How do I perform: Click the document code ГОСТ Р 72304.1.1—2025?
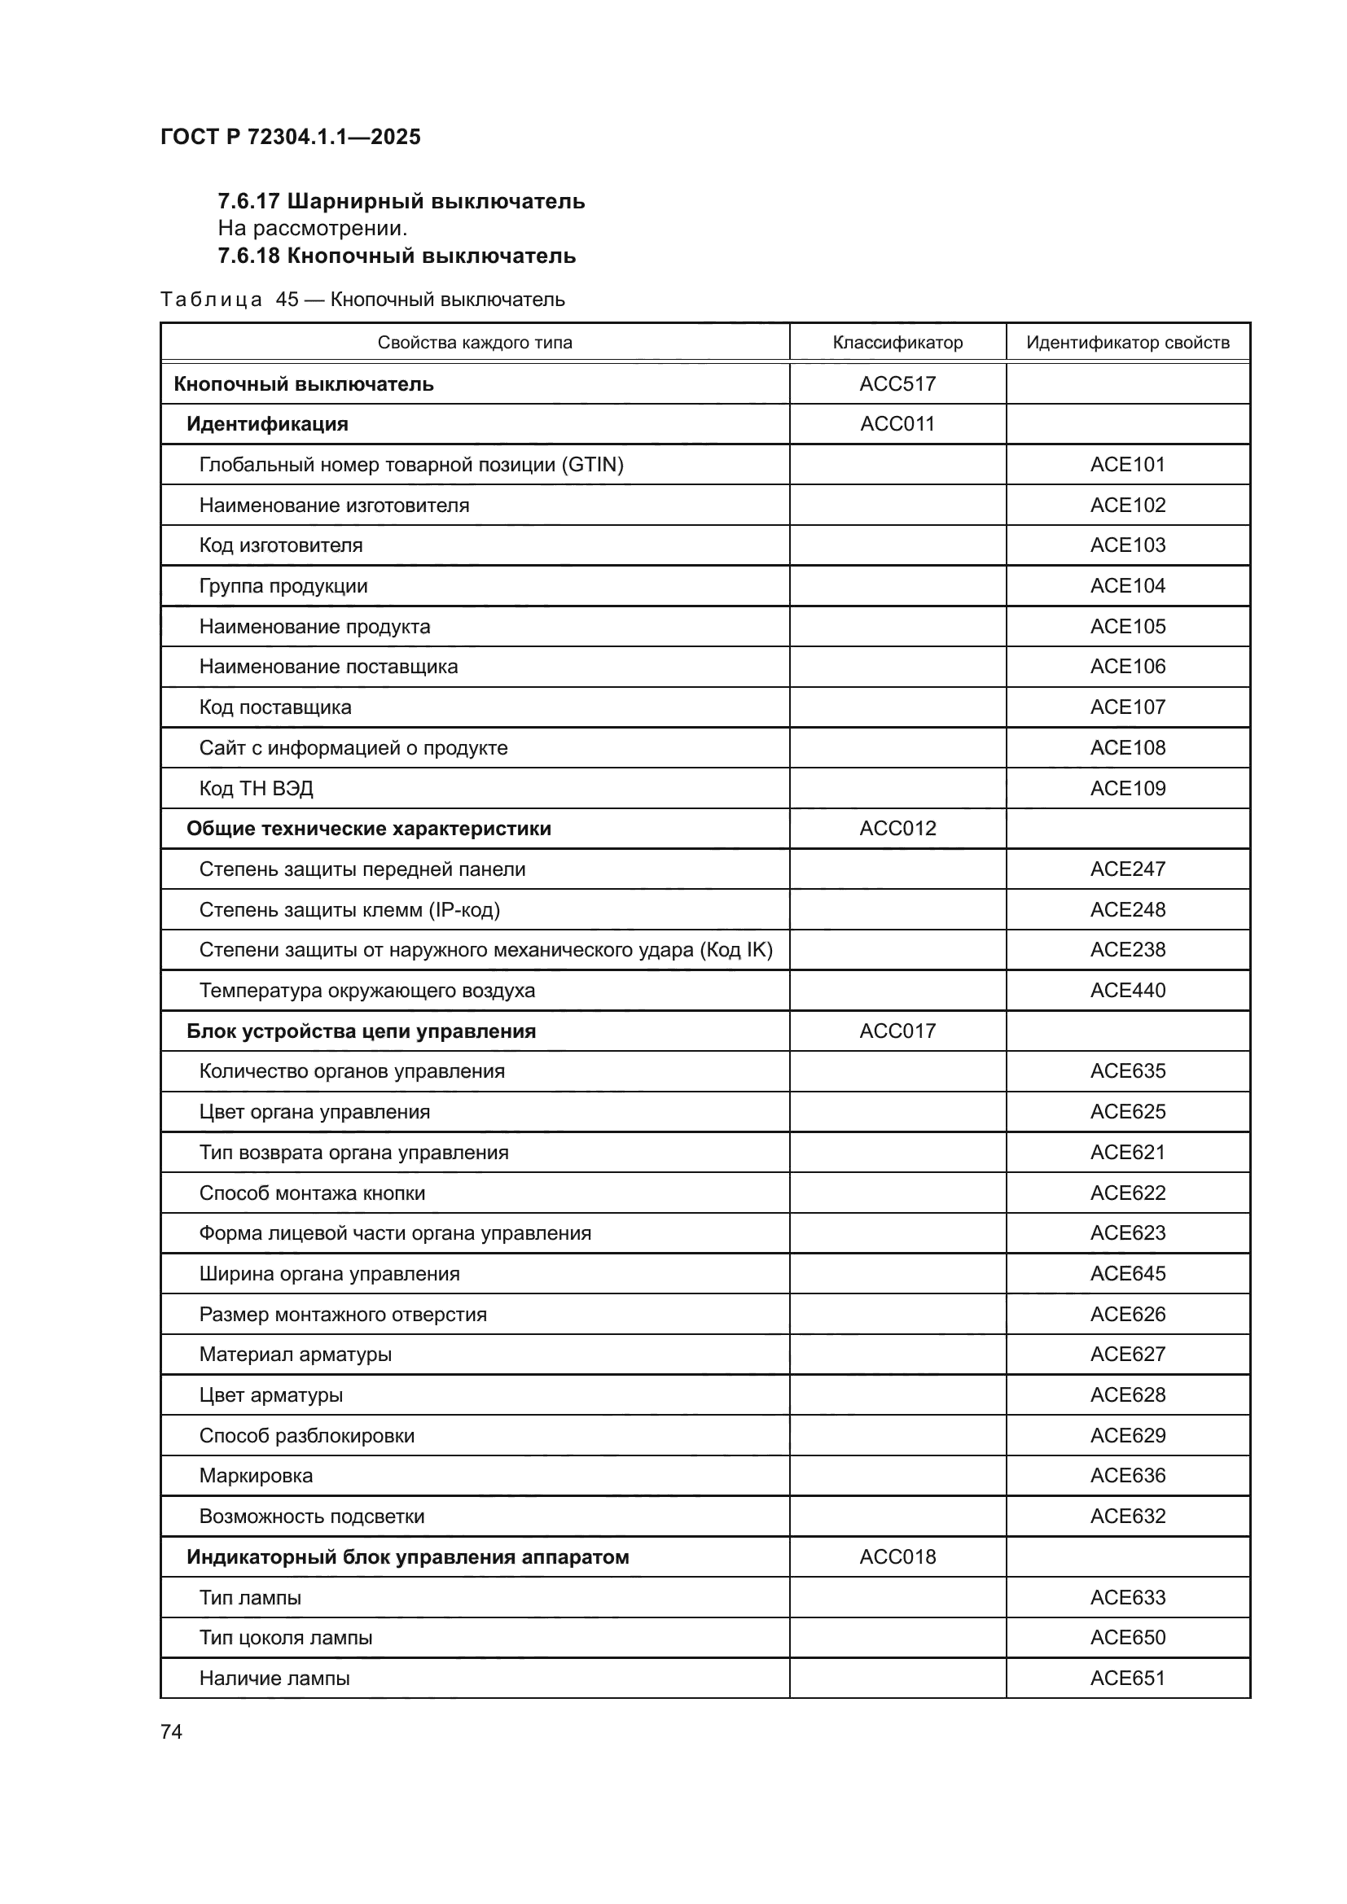coord(290,137)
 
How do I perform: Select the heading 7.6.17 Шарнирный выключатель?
coord(401,201)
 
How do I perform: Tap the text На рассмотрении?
coord(313,228)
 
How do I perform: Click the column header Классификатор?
coord(897,343)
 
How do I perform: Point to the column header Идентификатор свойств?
coord(1127,343)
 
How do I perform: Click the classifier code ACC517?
coord(897,384)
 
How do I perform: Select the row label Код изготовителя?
coord(280,545)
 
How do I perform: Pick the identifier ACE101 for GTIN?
coord(1127,464)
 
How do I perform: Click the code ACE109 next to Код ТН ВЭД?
coord(1127,788)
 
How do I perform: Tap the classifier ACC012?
coord(897,829)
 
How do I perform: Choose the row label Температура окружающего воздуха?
coord(366,990)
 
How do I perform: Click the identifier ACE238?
coord(1127,949)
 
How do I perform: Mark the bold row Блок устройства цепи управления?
coord(361,1031)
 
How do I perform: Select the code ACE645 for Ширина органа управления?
coord(1127,1274)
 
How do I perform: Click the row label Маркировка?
coord(256,1476)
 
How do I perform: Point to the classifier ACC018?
coord(897,1556)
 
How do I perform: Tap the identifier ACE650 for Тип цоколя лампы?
coord(1127,1638)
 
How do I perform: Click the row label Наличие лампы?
coord(274,1679)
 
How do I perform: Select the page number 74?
coord(171,1731)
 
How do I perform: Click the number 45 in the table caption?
coord(287,300)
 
